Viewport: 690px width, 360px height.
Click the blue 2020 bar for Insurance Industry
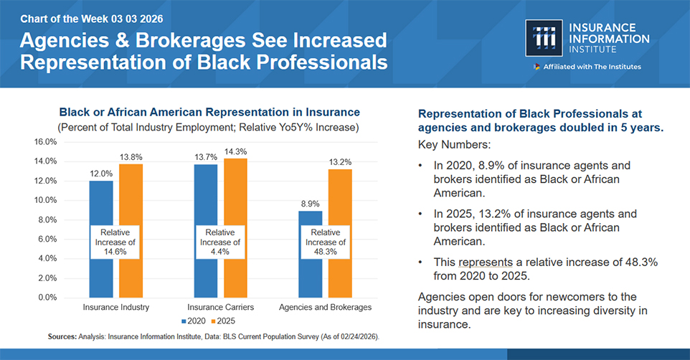101,208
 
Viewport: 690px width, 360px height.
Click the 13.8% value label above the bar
131,156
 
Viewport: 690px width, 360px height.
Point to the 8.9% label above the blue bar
311,204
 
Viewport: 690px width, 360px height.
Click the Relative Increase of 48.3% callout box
326,242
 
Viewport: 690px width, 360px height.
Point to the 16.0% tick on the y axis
46,142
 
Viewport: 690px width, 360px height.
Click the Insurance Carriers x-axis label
221,308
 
